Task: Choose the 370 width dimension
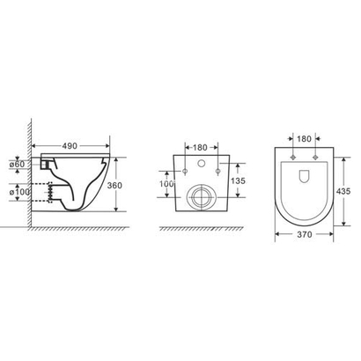click(304, 236)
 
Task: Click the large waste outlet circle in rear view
click(202, 196)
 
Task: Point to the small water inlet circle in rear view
click(202, 165)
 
